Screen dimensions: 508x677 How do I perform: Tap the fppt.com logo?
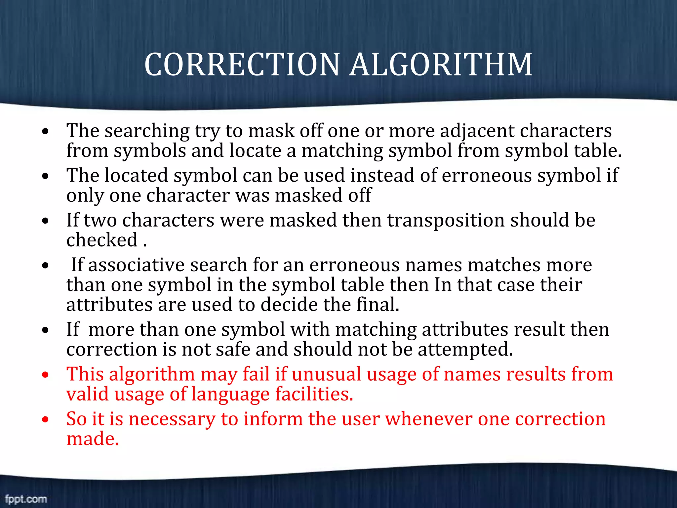click(x=26, y=498)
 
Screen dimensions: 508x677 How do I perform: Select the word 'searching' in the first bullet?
click(x=147, y=131)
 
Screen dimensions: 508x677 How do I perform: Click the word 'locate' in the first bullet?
click(x=255, y=151)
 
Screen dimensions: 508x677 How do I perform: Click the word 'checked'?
click(x=102, y=240)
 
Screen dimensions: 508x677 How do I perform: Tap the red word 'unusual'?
click(x=326, y=374)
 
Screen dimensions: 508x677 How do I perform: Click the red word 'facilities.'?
click(x=314, y=394)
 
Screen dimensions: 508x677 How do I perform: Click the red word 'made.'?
click(x=92, y=439)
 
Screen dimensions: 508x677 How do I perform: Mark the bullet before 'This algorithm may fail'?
click(x=46, y=375)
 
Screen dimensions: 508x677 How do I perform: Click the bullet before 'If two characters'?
click(x=46, y=221)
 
